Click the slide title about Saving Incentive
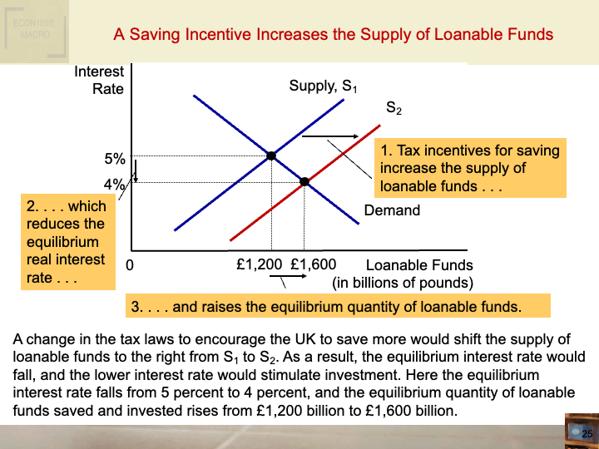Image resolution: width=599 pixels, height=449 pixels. click(333, 34)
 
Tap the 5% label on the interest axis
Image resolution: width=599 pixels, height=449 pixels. click(115, 158)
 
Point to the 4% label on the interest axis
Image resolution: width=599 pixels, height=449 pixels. click(114, 185)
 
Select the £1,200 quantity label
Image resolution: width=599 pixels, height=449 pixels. click(260, 265)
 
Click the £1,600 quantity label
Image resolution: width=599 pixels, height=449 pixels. click(313, 265)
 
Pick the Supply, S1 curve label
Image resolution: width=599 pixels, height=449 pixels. click(323, 86)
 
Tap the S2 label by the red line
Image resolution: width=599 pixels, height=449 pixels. click(394, 108)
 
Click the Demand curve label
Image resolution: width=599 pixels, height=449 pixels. click(392, 210)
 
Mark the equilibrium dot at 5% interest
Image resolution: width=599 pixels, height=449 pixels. click(271, 155)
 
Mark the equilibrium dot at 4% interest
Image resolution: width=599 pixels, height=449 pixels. click(304, 181)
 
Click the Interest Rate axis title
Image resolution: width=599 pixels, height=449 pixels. click(99, 80)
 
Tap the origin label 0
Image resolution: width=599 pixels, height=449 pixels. click(130, 266)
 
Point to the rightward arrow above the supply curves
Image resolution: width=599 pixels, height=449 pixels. click(330, 135)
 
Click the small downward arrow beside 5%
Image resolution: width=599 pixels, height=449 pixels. click(135, 171)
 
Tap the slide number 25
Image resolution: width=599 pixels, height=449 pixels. click(587, 434)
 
